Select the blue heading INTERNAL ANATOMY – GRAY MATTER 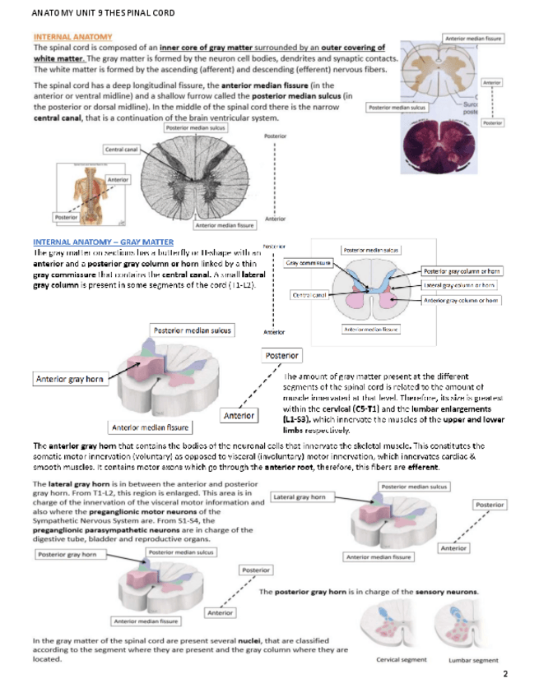point(104,242)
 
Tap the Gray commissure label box point(310,263)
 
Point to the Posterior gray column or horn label point(462,271)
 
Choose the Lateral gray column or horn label point(462,284)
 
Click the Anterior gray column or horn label point(462,301)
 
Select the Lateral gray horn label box point(300,497)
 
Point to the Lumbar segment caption point(473,660)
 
